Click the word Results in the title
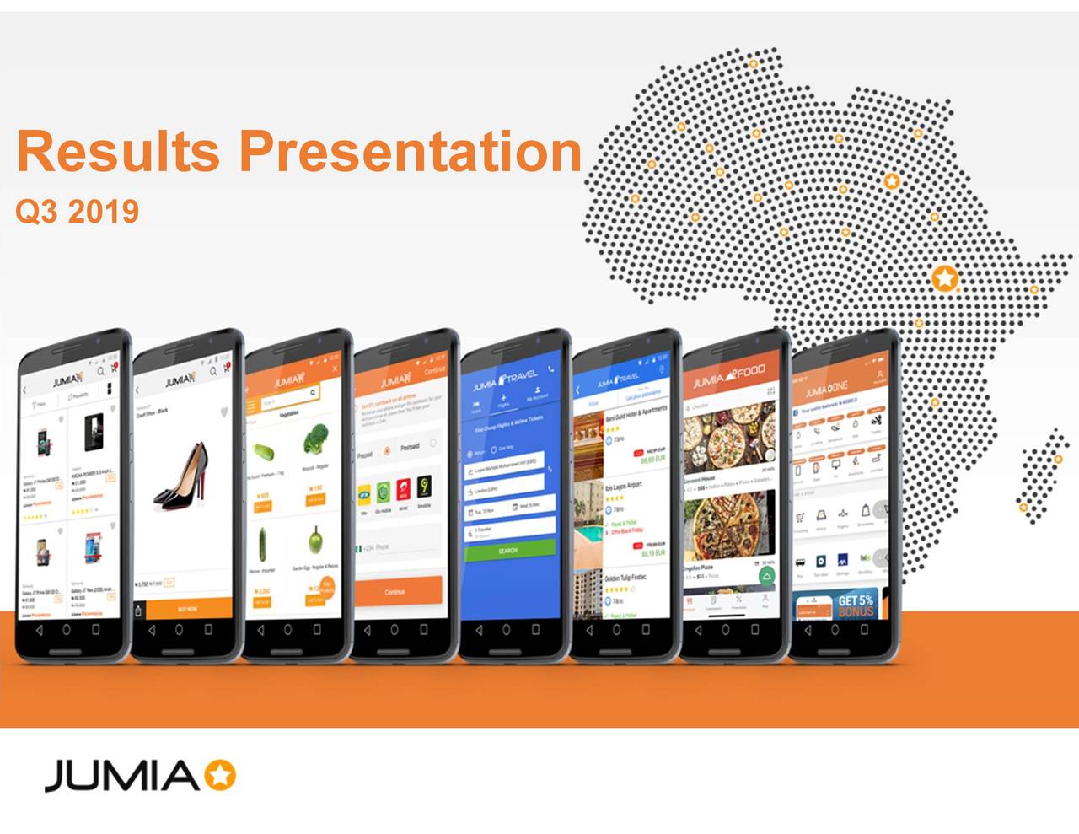(x=119, y=152)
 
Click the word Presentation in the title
(x=411, y=152)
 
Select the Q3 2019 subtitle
(x=77, y=211)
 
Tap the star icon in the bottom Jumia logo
(x=221, y=775)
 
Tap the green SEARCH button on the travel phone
(x=508, y=549)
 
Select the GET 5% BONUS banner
(x=853, y=605)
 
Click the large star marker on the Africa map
(x=945, y=277)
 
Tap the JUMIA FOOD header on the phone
(x=729, y=376)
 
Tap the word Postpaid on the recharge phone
(x=411, y=447)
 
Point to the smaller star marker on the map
(x=892, y=181)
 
